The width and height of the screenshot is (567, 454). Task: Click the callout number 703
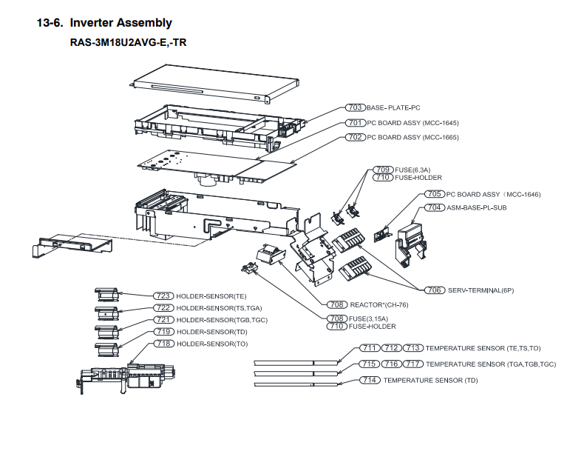point(356,108)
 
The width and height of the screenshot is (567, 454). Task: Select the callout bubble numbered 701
point(356,123)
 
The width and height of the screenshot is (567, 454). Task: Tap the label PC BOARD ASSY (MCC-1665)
point(412,137)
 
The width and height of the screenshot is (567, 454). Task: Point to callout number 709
point(381,170)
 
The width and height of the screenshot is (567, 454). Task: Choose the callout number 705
point(435,194)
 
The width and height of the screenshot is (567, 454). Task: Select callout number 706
point(435,290)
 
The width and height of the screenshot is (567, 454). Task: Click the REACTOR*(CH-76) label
point(375,304)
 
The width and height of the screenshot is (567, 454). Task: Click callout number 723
point(163,296)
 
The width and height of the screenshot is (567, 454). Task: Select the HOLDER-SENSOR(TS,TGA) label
point(220,308)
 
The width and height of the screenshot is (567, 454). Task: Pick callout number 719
point(163,331)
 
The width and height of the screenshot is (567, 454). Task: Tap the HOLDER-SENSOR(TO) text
point(212,344)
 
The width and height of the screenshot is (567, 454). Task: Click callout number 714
point(370,380)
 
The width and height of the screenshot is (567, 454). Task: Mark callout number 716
point(392,364)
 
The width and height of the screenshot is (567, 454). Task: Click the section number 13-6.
point(50,23)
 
